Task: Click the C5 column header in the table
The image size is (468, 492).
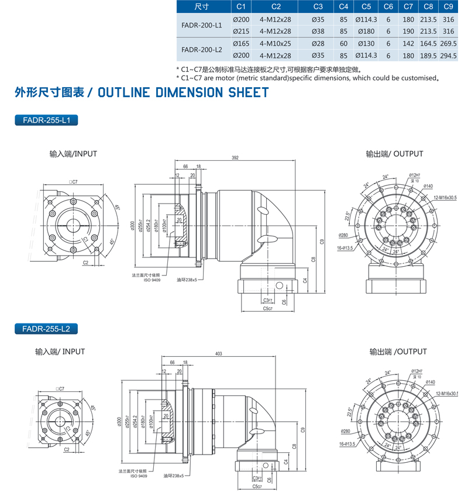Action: (366, 7)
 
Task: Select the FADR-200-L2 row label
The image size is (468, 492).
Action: (202, 50)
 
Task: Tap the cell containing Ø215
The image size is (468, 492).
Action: (241, 31)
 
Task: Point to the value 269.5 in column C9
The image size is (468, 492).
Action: (448, 44)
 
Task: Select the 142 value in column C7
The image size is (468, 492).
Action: (408, 44)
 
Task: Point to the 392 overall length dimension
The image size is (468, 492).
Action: (235, 158)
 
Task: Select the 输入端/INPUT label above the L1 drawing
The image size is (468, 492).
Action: (73, 154)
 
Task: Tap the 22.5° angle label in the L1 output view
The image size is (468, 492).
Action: (347, 216)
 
